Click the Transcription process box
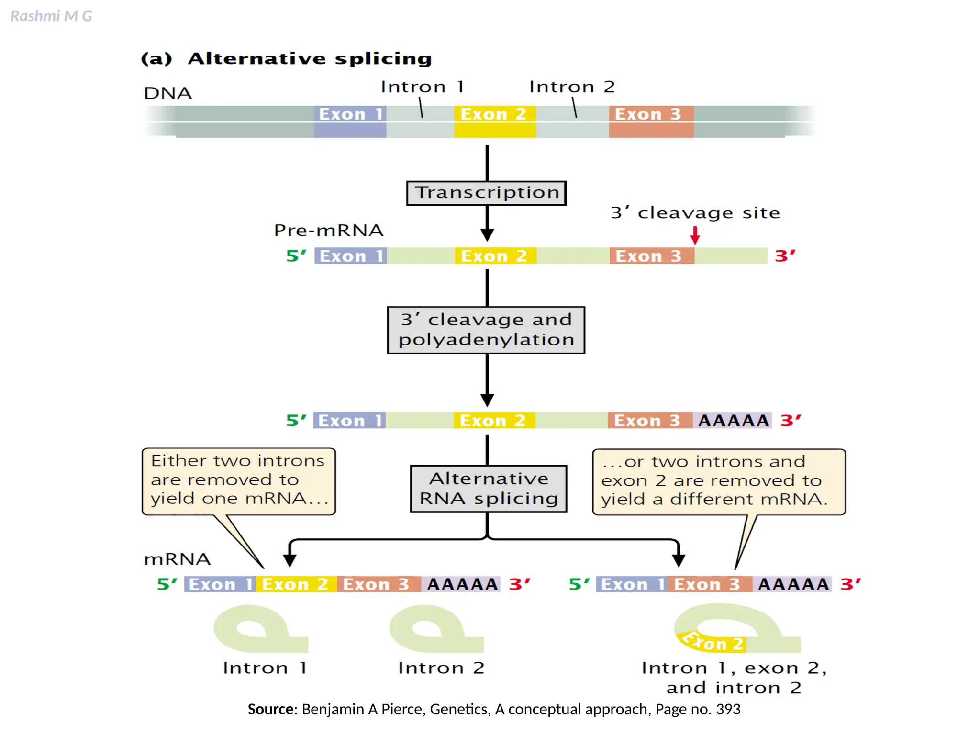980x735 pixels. (x=486, y=193)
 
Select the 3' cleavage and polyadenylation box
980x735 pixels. (x=486, y=330)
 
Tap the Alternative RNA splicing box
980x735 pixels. (x=489, y=489)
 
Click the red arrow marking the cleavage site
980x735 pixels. (x=695, y=235)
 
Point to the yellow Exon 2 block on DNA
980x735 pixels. (x=495, y=122)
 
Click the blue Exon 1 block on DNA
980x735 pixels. (x=350, y=122)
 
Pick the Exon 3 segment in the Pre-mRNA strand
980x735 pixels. (x=651, y=256)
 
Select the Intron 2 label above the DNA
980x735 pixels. (x=571, y=87)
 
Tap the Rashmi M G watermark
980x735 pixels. (x=51, y=16)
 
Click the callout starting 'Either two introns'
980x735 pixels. (x=238, y=480)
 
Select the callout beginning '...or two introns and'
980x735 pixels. (x=718, y=481)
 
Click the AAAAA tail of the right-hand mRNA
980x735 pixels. (x=793, y=584)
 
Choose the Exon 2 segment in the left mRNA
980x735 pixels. (x=295, y=584)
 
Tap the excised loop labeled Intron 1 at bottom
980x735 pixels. (x=258, y=629)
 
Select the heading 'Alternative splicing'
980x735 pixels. (x=309, y=59)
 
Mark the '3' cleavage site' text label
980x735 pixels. (x=695, y=213)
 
